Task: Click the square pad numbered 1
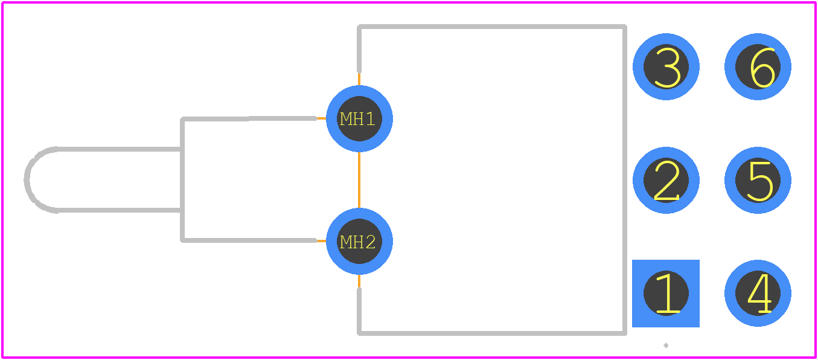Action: coord(666,294)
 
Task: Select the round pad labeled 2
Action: coord(666,180)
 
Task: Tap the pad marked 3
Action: coord(666,66)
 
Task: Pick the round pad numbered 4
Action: coord(758,293)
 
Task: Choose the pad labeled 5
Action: coord(758,180)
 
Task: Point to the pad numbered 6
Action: coord(758,66)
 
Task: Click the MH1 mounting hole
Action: coord(359,118)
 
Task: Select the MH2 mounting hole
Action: coord(359,241)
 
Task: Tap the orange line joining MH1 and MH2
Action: coord(359,180)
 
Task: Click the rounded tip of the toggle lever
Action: coord(27,179)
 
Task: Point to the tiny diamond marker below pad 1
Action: coord(666,346)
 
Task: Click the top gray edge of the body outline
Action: coord(492,27)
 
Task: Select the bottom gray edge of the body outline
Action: coord(492,333)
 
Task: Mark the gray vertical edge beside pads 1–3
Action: coord(625,180)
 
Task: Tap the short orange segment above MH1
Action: coord(359,79)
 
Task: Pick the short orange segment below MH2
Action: coord(359,281)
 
